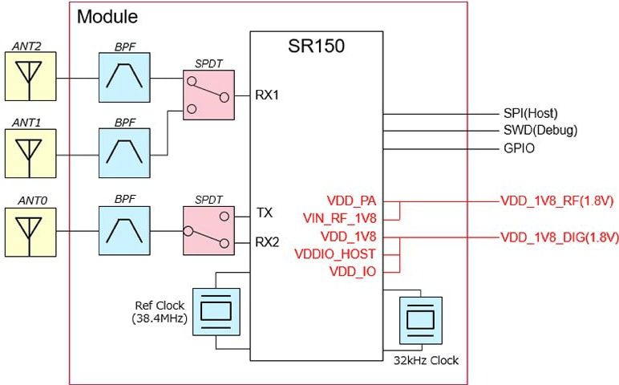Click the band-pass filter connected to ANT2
123,78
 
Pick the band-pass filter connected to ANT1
123,153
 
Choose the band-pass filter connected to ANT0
123,230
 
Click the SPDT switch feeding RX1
208,95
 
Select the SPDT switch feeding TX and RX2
208,230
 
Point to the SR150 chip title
316,46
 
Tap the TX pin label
265,214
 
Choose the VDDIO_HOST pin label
341,254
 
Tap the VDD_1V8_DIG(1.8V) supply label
559,237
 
